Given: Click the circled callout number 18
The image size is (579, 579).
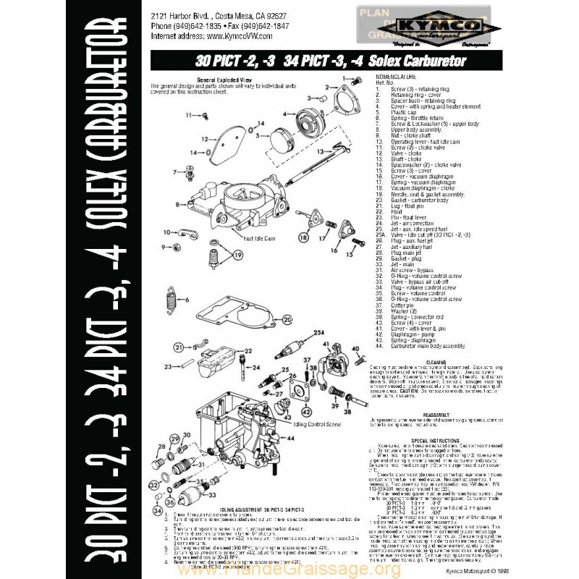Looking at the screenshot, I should pyautogui.click(x=303, y=237).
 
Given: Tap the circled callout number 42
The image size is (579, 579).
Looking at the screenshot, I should pyautogui.click(x=306, y=413).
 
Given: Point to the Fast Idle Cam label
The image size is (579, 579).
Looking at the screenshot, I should pyautogui.click(x=258, y=238).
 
